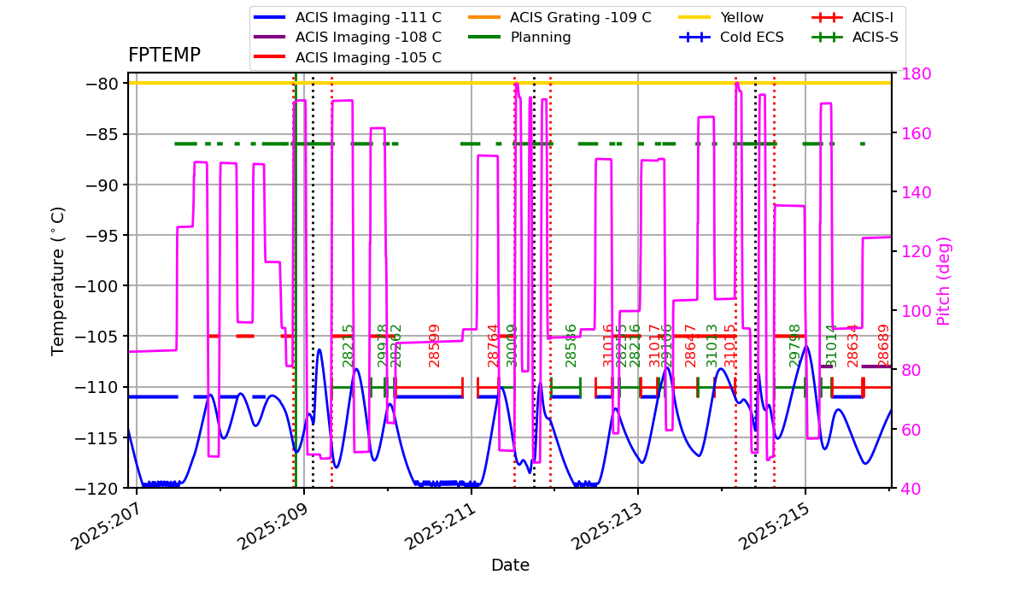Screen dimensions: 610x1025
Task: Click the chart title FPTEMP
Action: point(164,56)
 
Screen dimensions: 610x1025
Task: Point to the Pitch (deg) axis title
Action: point(944,281)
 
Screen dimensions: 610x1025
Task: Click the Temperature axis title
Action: point(58,281)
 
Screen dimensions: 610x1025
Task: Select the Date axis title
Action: point(510,566)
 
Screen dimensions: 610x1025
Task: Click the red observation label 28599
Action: point(434,345)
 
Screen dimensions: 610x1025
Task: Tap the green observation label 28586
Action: point(571,345)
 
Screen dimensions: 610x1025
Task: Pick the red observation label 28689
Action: point(884,345)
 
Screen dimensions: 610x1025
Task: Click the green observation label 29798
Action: point(795,345)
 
